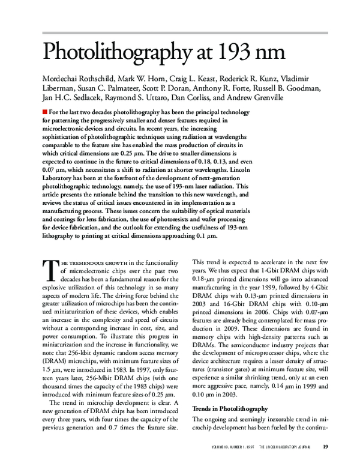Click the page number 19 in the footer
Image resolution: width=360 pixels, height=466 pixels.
tap(325, 446)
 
